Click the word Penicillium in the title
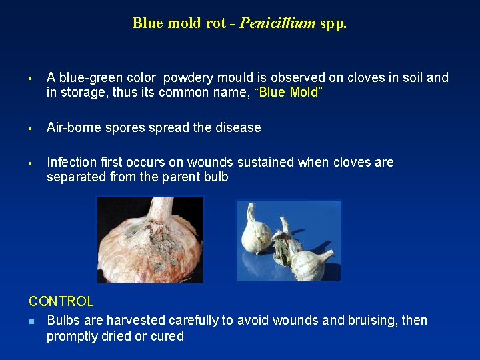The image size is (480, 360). pos(277,23)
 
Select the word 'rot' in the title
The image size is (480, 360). pos(215,23)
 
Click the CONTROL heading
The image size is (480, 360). pos(61,302)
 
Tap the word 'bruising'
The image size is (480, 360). pos(373,321)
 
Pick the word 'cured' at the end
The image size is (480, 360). pos(168,337)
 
